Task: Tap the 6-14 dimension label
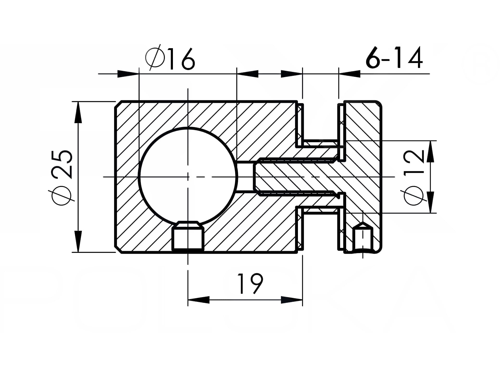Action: click(394, 58)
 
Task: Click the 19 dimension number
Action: click(250, 284)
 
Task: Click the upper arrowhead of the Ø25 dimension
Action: click(78, 112)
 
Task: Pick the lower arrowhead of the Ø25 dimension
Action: click(78, 241)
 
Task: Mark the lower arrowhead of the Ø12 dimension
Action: click(430, 202)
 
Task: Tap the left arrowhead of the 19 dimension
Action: click(198, 300)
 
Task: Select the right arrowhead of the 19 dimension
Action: click(292, 300)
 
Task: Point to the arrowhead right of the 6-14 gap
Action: click(349, 74)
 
